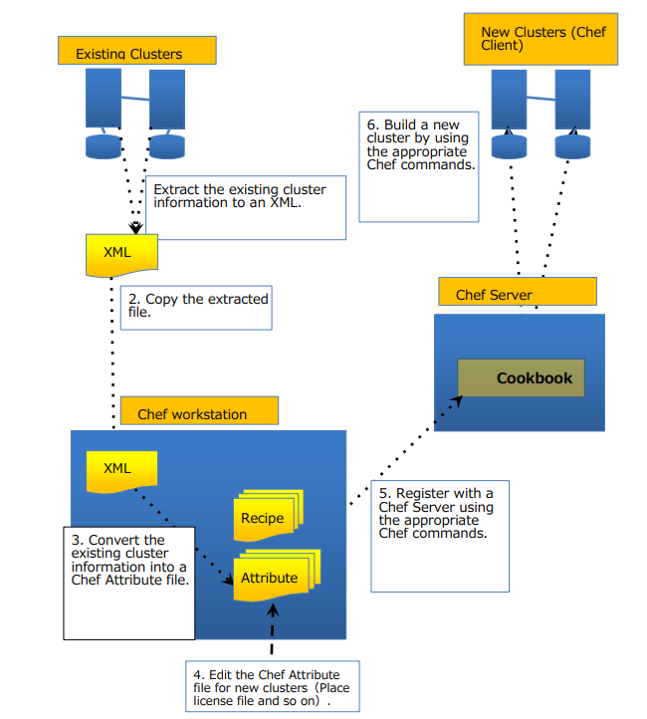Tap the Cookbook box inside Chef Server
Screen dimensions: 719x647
click(x=521, y=378)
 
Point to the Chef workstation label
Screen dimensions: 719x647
click(x=198, y=412)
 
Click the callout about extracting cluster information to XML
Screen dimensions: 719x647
click(x=246, y=208)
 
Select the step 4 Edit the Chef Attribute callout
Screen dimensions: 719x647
click(x=271, y=686)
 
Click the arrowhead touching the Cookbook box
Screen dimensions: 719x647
click(x=458, y=397)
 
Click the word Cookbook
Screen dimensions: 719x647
click(x=535, y=378)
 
